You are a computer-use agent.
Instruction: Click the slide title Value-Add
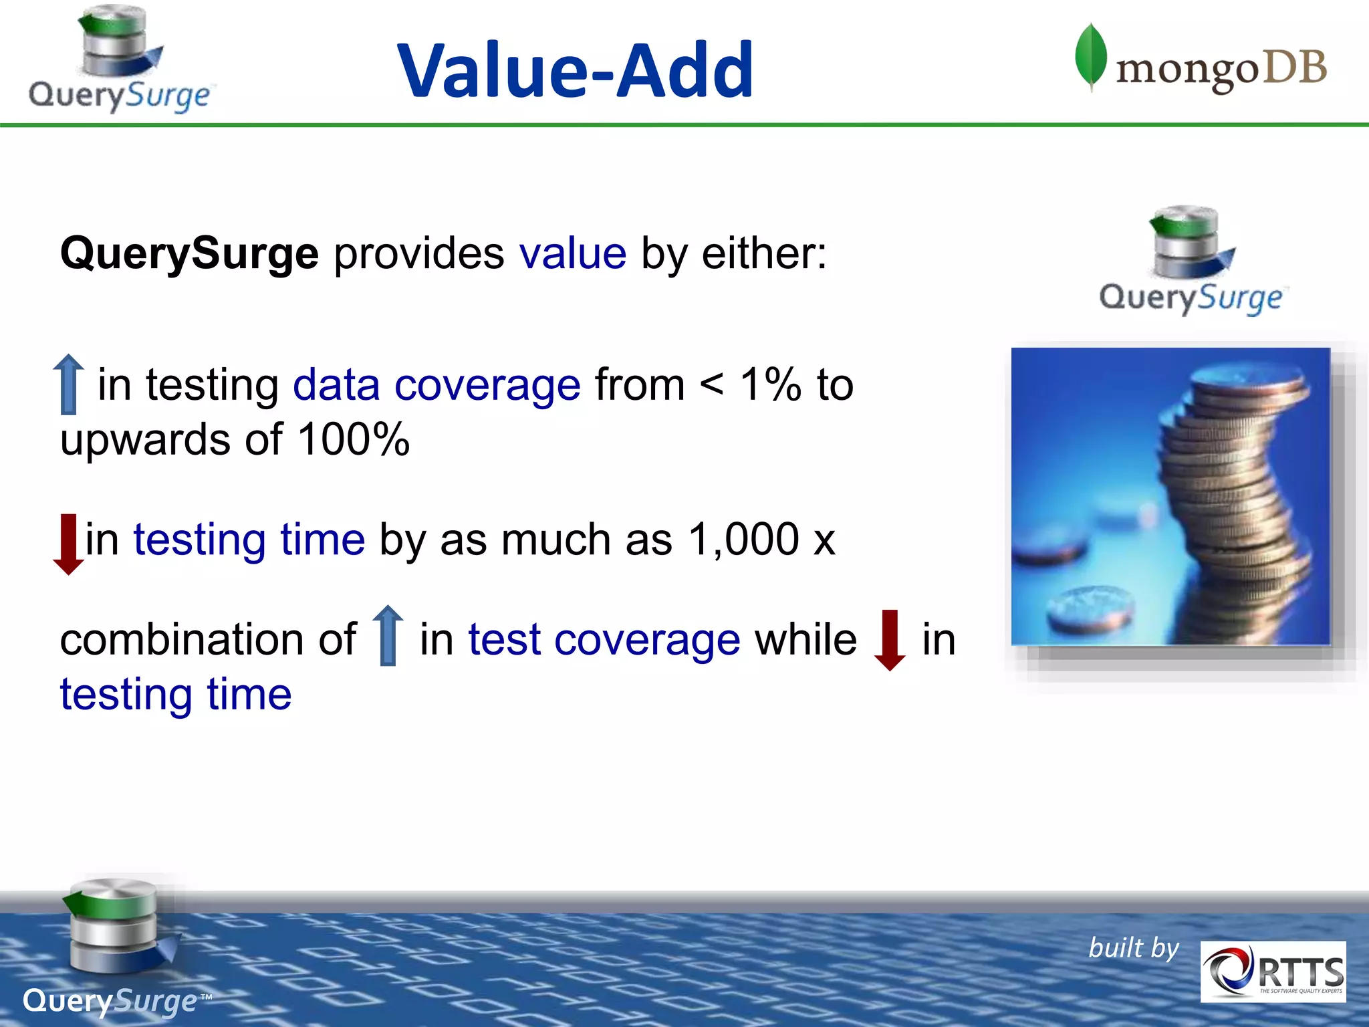(576, 70)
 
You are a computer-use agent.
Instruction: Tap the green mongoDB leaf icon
(1090, 56)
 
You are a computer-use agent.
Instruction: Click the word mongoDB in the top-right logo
(1221, 70)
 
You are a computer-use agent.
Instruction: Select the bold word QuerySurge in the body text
(189, 254)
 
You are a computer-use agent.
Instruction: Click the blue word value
(573, 254)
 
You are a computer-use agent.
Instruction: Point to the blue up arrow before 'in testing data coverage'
(68, 384)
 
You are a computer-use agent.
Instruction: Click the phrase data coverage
(437, 385)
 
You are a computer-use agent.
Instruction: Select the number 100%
(354, 440)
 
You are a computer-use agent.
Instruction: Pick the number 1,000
(743, 540)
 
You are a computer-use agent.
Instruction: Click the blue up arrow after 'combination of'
(388, 635)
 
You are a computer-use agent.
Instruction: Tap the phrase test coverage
(604, 640)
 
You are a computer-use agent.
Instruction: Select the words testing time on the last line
(176, 695)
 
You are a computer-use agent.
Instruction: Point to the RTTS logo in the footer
(1273, 972)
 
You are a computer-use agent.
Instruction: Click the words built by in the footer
(1134, 948)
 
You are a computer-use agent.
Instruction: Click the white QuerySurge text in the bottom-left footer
(110, 1001)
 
